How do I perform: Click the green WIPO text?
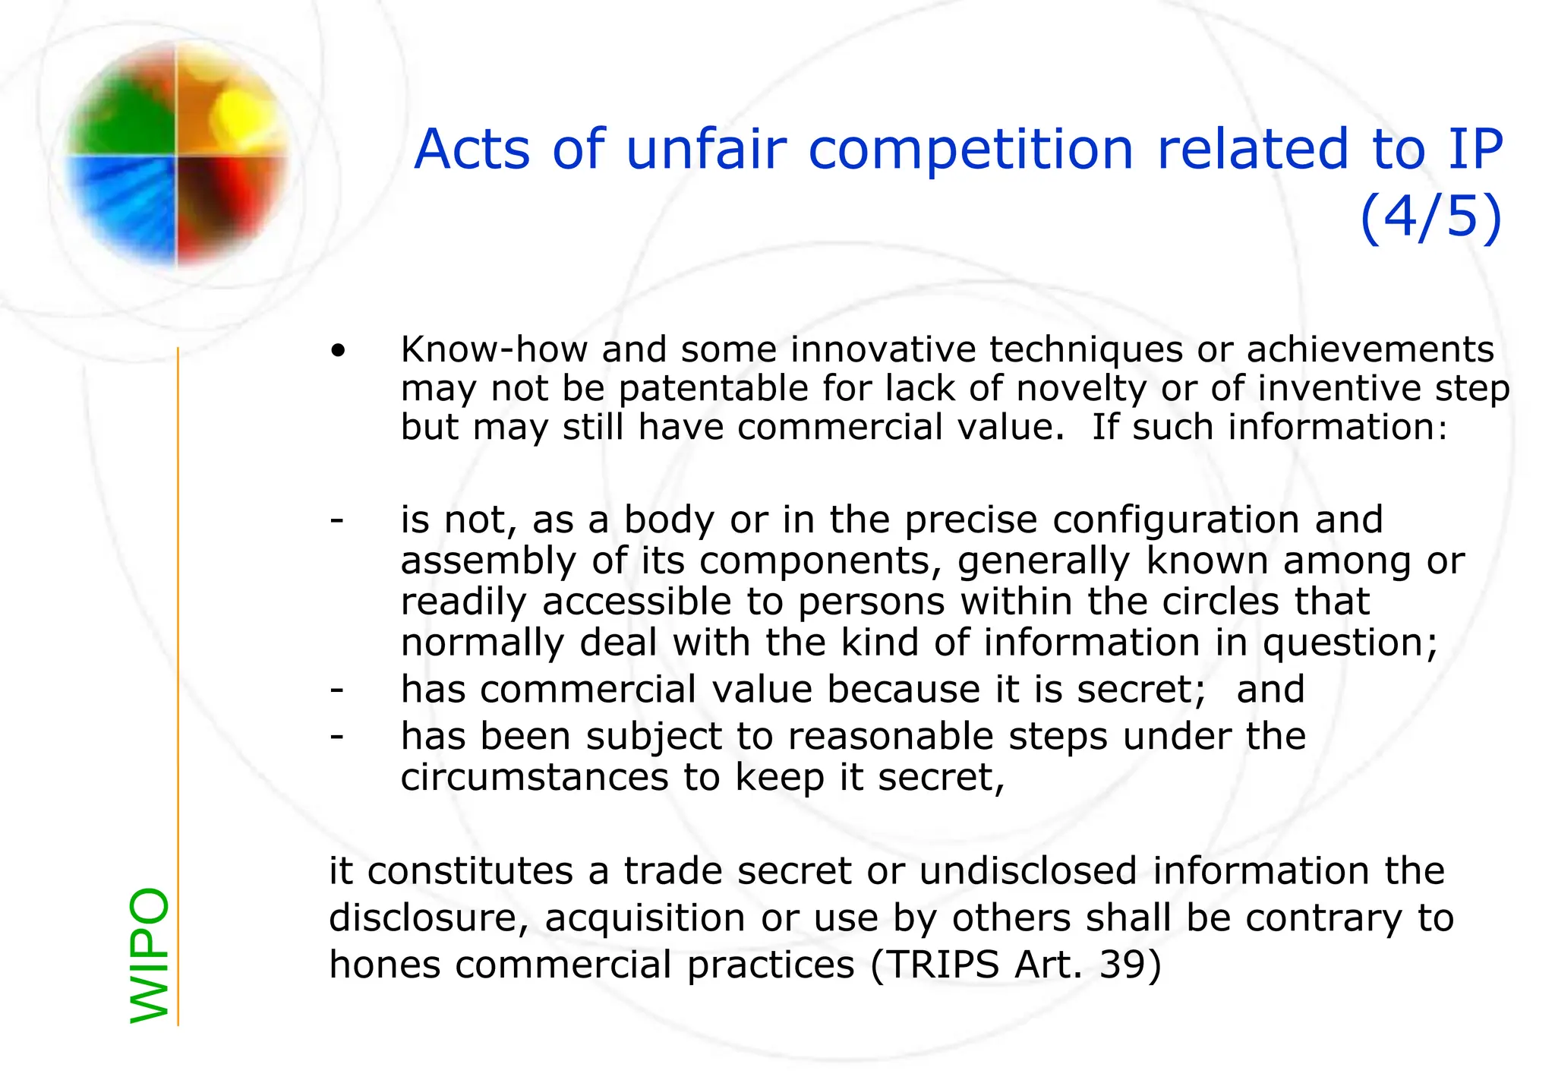(x=150, y=955)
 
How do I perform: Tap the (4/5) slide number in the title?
(x=1430, y=216)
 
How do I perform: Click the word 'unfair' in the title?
(x=706, y=149)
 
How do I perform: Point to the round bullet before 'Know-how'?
(x=338, y=351)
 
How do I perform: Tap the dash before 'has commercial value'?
(x=336, y=690)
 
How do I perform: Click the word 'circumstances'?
(x=534, y=777)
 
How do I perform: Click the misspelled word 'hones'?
(x=384, y=965)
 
